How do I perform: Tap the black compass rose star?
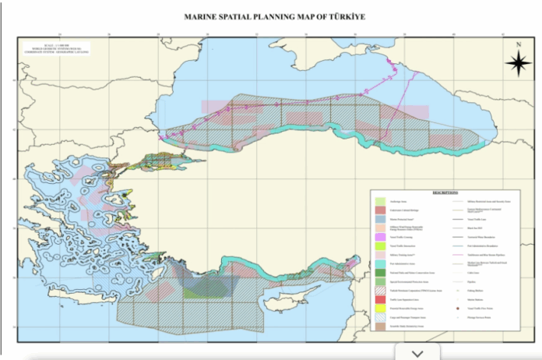518,66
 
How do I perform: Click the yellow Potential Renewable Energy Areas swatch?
380,309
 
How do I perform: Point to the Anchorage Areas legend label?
402,202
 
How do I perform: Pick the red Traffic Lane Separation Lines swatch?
380,298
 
